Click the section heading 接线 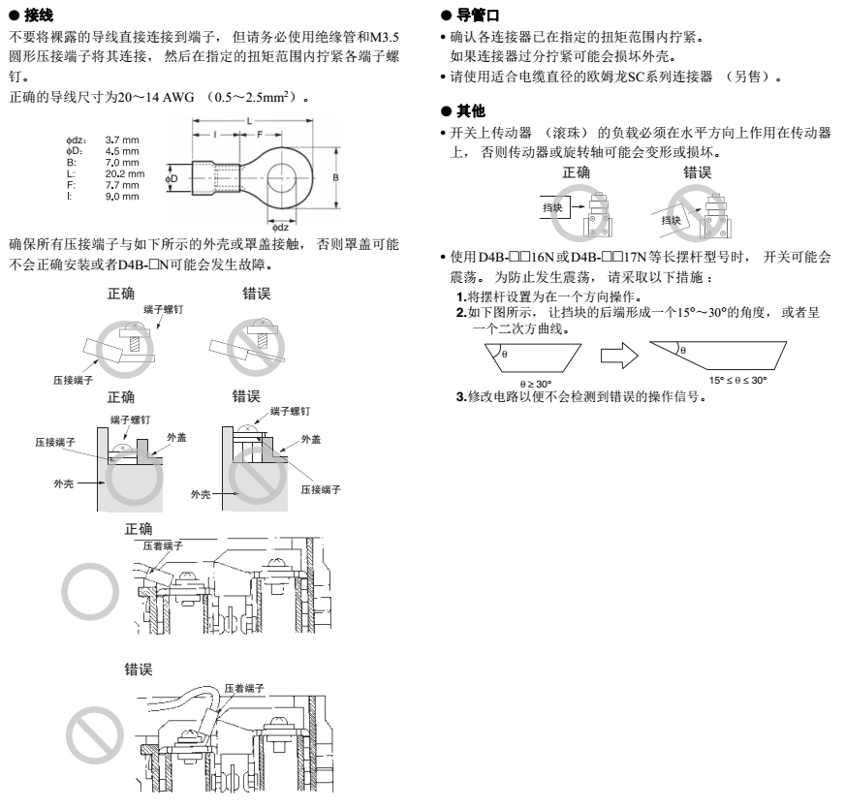(39, 16)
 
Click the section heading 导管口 (478, 16)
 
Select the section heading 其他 (471, 111)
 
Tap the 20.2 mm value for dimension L (125, 173)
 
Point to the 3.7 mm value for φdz (122, 140)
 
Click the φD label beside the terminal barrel (172, 178)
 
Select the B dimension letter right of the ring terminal (335, 177)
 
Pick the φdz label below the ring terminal (280, 228)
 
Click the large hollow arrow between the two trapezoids (619, 356)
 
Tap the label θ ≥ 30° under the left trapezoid (536, 384)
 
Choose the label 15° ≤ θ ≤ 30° (737, 380)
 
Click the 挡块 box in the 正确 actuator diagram (552, 207)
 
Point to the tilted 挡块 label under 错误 (671, 220)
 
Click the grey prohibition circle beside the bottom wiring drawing (95, 735)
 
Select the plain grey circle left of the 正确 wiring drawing (90, 591)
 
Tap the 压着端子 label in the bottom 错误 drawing (244, 688)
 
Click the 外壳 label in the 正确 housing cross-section (64, 483)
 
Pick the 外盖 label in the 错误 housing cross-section (311, 439)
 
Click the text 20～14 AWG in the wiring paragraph (156, 97)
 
